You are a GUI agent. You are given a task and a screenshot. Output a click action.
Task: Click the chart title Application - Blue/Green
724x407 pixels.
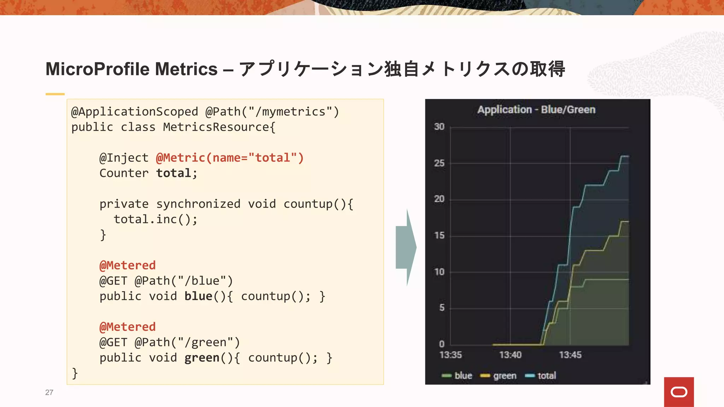point(536,110)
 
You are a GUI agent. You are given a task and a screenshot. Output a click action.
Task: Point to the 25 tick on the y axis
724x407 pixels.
point(439,163)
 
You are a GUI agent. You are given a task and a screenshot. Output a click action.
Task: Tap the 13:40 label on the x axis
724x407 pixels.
point(510,355)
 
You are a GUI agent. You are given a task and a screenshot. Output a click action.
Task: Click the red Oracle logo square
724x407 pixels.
point(679,392)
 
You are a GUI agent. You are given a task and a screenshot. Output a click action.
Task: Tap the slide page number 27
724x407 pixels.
point(49,392)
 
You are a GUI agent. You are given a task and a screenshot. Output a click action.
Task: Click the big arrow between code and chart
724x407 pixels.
point(406,247)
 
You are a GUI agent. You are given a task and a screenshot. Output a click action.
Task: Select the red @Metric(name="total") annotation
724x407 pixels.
point(230,158)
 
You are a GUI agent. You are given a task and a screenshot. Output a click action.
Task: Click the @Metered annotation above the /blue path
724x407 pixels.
point(128,265)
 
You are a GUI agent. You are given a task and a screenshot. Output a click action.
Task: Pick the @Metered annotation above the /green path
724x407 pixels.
point(128,327)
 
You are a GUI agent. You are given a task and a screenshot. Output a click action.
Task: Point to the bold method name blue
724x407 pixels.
point(198,296)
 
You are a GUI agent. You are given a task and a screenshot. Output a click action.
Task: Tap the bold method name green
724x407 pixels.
point(202,358)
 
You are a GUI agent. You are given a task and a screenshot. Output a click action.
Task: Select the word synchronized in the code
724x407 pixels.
point(198,204)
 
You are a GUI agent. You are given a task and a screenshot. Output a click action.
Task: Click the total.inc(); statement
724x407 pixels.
point(156,219)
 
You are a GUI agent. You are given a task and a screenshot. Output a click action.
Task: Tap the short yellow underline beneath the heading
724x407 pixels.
point(55,94)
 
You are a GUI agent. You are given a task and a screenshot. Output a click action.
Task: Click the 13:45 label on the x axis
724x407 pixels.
point(570,355)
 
